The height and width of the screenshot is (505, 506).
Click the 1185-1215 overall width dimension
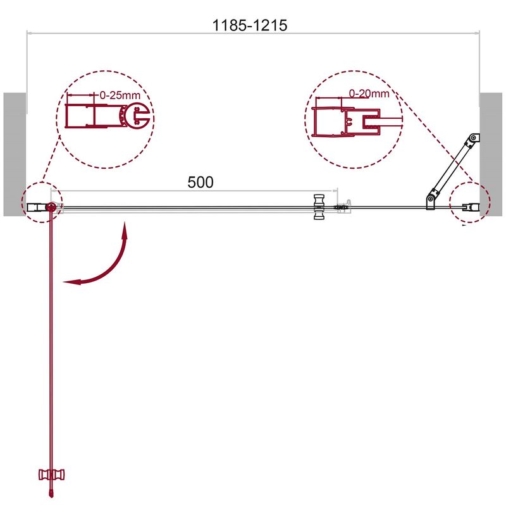click(x=249, y=25)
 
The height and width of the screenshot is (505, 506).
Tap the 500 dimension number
click(x=201, y=182)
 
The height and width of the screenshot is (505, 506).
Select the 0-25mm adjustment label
click(x=120, y=95)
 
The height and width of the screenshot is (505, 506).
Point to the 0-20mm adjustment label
click(x=369, y=94)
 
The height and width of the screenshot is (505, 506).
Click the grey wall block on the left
click(x=15, y=154)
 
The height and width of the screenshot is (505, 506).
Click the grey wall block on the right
click(x=491, y=154)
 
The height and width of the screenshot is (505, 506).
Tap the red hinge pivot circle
click(x=51, y=207)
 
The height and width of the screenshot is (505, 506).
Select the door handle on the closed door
click(x=319, y=207)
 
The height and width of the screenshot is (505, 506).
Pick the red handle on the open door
click(x=52, y=475)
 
